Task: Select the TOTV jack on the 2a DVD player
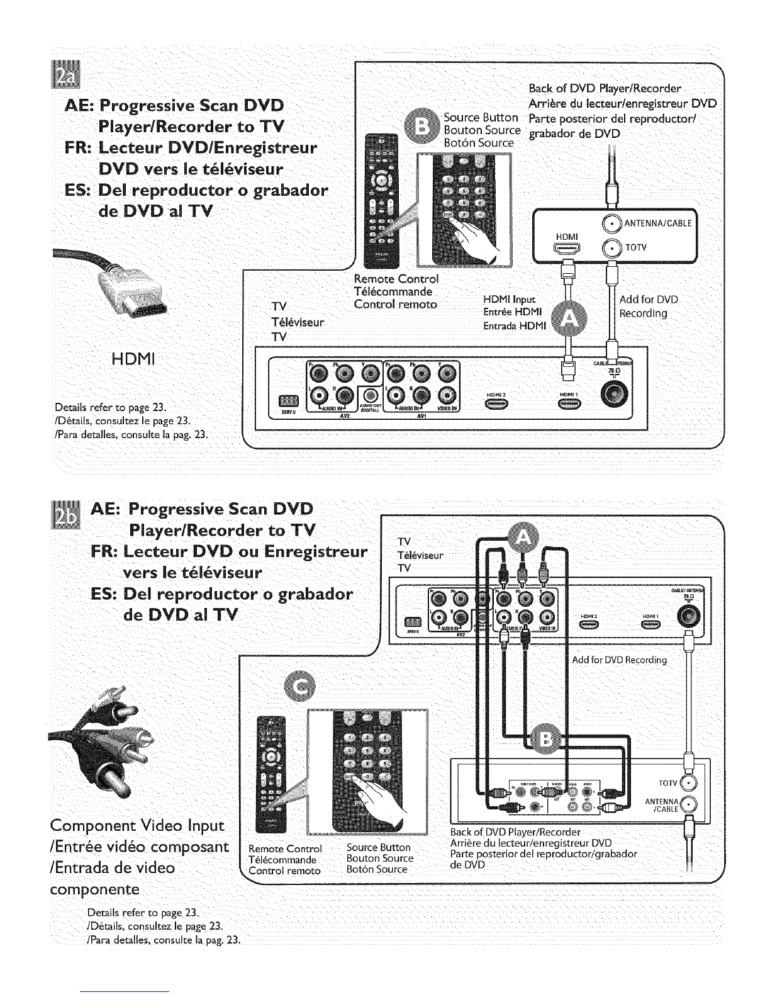pyautogui.click(x=611, y=248)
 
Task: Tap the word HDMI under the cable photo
pyautogui.click(x=132, y=359)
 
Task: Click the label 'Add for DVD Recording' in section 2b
pyautogui.click(x=619, y=660)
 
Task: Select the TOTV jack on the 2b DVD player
pyautogui.click(x=689, y=783)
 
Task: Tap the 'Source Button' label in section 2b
pyautogui.click(x=379, y=847)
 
